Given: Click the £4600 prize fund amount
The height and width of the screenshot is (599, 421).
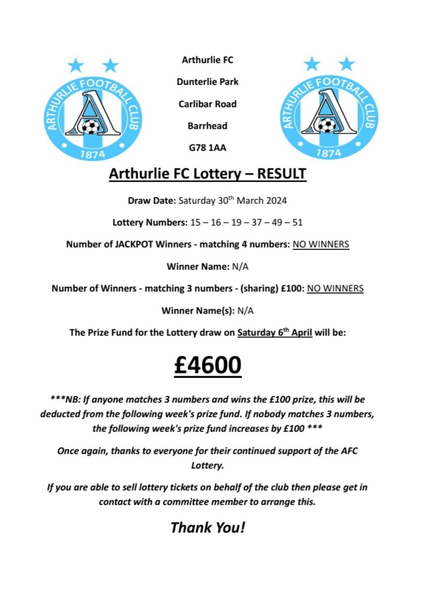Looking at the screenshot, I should pyautogui.click(x=208, y=365).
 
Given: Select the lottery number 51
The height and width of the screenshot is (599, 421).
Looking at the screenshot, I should pyautogui.click(x=296, y=222).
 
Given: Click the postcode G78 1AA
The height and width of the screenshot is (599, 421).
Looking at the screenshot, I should pyautogui.click(x=208, y=148).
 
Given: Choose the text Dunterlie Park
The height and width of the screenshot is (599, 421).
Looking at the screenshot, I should pyautogui.click(x=208, y=82).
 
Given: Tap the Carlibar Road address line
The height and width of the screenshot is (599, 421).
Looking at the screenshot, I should pyautogui.click(x=208, y=104).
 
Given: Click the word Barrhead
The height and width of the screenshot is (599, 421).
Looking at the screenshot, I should pyautogui.click(x=208, y=126).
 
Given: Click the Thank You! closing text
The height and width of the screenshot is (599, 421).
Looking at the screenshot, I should pyautogui.click(x=208, y=527).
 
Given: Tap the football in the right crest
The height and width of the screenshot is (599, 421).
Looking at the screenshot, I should pyautogui.click(x=326, y=125).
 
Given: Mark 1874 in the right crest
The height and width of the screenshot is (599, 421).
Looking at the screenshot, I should pyautogui.click(x=329, y=153).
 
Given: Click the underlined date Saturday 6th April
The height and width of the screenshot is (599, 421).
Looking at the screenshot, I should pyautogui.click(x=275, y=333).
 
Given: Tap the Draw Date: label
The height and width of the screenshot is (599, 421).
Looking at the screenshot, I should pyautogui.click(x=151, y=201).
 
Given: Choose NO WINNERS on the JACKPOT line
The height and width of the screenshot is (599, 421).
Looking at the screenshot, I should pyautogui.click(x=320, y=245).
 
